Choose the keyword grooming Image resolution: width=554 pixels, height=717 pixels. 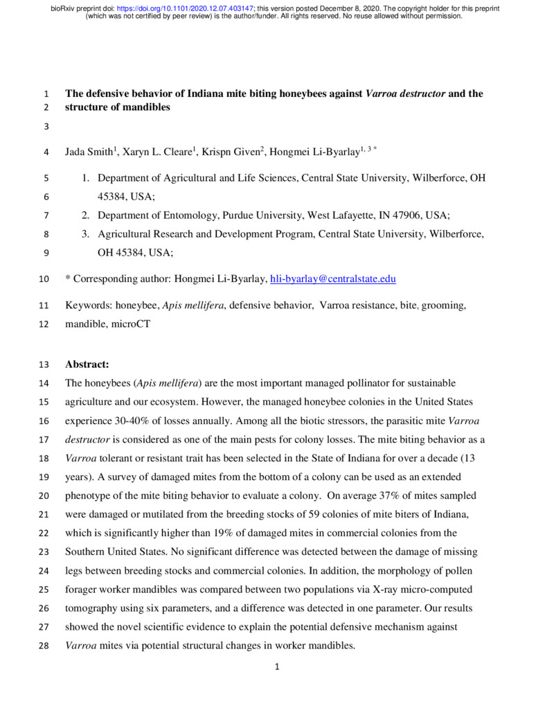[x=444, y=306]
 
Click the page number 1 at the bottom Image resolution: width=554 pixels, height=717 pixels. [x=276, y=668]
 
